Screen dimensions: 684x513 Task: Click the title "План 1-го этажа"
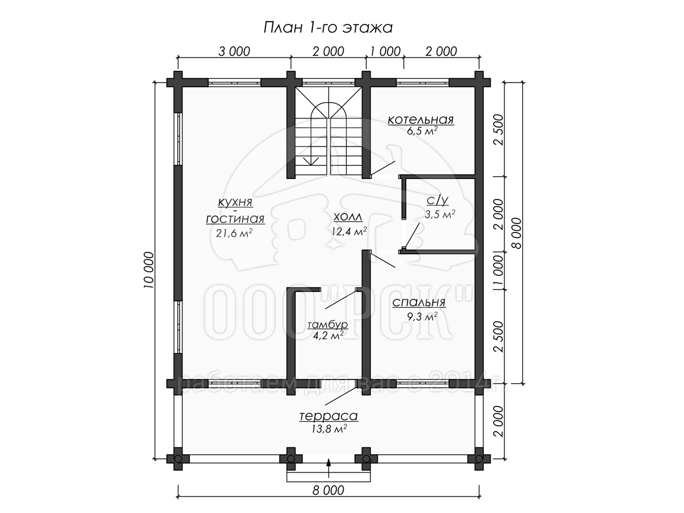(328, 27)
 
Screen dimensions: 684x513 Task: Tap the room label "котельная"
(421, 120)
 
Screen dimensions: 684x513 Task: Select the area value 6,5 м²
(422, 131)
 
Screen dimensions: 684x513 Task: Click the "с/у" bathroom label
(438, 200)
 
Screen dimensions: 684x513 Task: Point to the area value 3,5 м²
(440, 214)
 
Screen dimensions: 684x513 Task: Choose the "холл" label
(348, 217)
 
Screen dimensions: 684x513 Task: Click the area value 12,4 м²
(349, 231)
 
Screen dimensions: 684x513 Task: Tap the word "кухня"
(235, 202)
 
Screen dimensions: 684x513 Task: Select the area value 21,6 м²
(234, 233)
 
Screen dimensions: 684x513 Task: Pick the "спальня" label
(419, 303)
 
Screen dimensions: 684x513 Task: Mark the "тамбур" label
(328, 324)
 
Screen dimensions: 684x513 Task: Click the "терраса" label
(328, 416)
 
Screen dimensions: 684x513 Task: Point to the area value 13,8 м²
(329, 429)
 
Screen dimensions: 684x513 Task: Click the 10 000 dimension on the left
(149, 270)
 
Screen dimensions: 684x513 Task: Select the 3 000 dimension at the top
(234, 51)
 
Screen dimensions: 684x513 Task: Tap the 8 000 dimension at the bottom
(328, 490)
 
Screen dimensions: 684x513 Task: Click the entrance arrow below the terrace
(328, 468)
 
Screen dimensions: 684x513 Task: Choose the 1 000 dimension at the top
(385, 51)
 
